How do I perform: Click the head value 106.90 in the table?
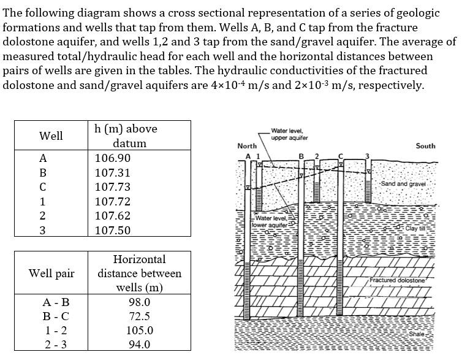(x=113, y=158)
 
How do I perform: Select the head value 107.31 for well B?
(x=113, y=173)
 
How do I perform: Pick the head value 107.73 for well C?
(x=113, y=187)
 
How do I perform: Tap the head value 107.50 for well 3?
(x=113, y=231)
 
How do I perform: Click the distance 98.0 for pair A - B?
(x=139, y=302)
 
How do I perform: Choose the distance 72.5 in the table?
(x=139, y=316)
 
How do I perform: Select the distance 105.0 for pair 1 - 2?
(x=139, y=331)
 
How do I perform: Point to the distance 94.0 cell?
(x=139, y=345)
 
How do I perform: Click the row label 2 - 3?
(x=55, y=345)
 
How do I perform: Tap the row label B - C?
(x=55, y=316)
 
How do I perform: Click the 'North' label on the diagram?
(x=246, y=146)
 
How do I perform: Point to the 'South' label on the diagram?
(x=425, y=146)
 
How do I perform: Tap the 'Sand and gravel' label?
(x=402, y=184)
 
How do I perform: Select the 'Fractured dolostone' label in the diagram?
(x=396, y=280)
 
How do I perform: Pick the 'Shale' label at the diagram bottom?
(x=416, y=333)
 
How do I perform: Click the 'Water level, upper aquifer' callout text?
(x=289, y=134)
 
